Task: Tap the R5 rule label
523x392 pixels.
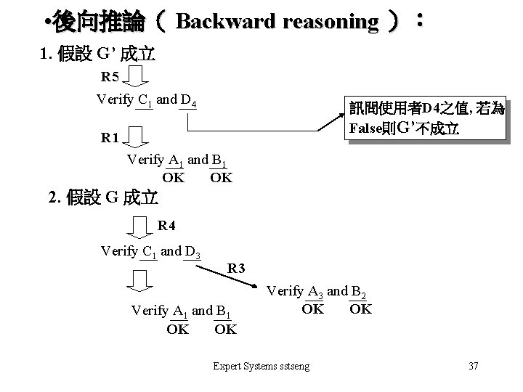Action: click(x=110, y=78)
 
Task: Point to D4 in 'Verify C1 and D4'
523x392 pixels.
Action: click(x=190, y=101)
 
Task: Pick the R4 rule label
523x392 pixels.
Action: click(x=167, y=225)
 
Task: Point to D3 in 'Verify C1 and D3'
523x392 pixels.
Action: click(x=193, y=253)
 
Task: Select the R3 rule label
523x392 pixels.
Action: click(x=237, y=269)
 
